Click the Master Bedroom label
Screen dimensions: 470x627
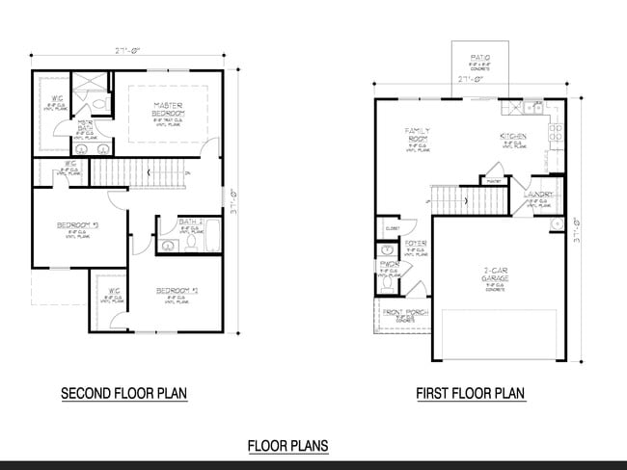pos(168,108)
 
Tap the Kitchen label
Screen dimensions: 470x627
pos(512,137)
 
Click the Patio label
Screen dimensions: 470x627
pos(481,59)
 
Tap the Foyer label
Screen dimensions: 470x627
pos(416,244)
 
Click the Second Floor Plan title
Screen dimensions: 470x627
pos(123,393)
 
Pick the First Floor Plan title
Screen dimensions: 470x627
pos(470,393)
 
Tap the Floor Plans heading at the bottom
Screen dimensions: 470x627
pos(287,445)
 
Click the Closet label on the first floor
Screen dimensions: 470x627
pos(392,229)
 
